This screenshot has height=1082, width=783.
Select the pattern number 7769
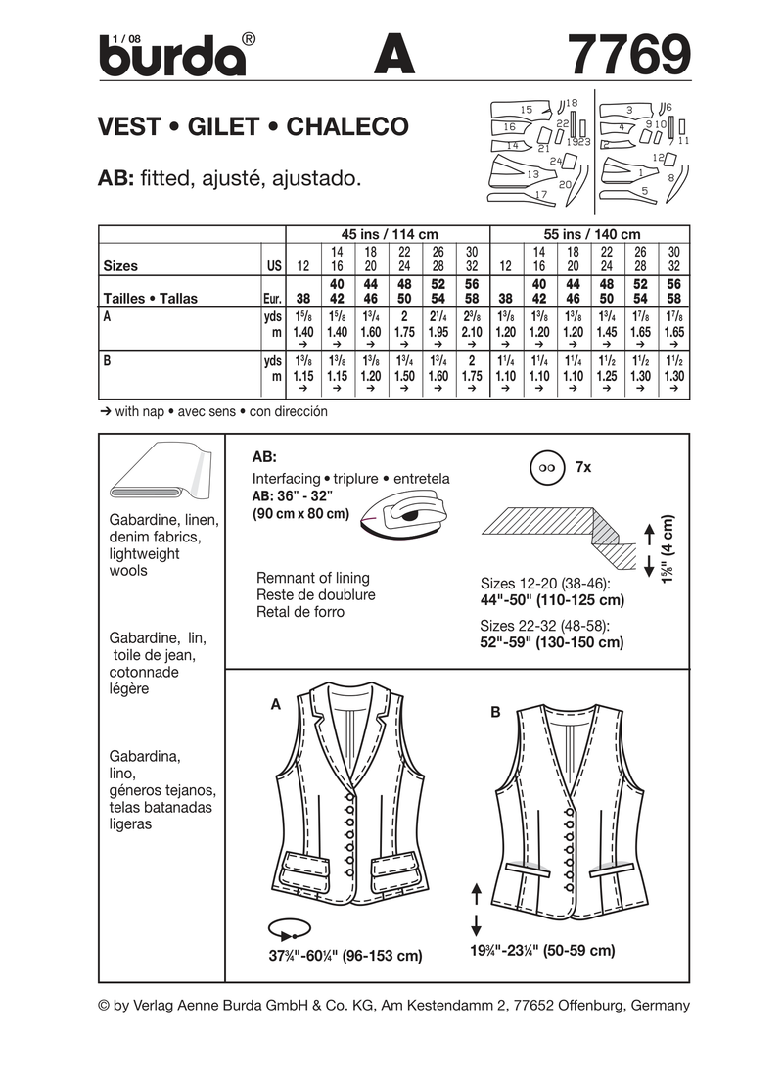(627, 54)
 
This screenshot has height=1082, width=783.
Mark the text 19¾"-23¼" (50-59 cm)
(541, 951)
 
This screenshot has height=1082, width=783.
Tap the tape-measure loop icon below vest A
(290, 926)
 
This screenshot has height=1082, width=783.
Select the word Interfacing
(286, 479)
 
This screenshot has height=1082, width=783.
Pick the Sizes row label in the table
(120, 265)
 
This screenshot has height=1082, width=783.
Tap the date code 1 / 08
(127, 37)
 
